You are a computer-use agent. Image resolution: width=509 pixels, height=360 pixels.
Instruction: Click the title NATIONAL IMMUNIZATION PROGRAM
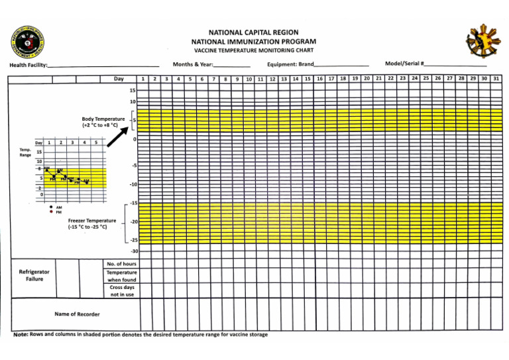coord(254,41)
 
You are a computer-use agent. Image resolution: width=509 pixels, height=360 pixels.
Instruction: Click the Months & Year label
coord(192,64)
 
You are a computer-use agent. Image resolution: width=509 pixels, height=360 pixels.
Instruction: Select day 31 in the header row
coord(496,78)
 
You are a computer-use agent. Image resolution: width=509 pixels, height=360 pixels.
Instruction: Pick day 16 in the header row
coord(319,78)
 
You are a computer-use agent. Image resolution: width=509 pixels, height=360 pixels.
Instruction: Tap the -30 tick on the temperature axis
coord(133,252)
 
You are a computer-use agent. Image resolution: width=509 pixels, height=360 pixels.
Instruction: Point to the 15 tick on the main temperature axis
coord(133,90)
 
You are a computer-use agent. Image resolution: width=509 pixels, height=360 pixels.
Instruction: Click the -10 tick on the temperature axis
coord(133,184)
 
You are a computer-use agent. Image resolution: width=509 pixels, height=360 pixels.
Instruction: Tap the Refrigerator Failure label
coord(34,275)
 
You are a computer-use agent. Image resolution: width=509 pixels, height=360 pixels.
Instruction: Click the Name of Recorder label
coord(78,314)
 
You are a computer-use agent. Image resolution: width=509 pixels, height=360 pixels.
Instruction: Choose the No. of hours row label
coord(121,263)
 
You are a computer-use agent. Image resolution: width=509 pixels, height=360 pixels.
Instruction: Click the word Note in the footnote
coord(21,335)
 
